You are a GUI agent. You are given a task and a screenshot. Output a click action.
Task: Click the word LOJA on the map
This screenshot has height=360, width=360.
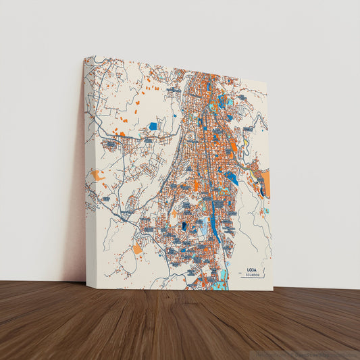pyautogui.click(x=251, y=267)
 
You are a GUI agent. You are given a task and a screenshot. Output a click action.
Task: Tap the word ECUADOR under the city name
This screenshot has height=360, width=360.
pyautogui.click(x=251, y=274)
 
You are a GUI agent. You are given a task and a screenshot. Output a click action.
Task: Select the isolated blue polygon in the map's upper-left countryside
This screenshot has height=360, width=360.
pyautogui.click(x=153, y=126)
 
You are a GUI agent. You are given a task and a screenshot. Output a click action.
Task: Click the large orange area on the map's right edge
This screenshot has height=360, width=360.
pyautogui.click(x=265, y=182)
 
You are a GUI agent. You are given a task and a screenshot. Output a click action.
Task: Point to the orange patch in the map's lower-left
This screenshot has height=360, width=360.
pyautogui.click(x=137, y=249)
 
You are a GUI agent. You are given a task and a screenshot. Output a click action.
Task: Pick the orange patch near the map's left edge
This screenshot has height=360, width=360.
pyautogui.click(x=98, y=175)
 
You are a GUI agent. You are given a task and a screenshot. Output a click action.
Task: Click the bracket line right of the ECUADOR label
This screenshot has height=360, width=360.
pyautogui.click(x=264, y=273)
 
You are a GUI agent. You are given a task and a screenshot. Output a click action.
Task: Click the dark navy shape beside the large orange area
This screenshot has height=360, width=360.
pyautogui.click(x=261, y=190)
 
